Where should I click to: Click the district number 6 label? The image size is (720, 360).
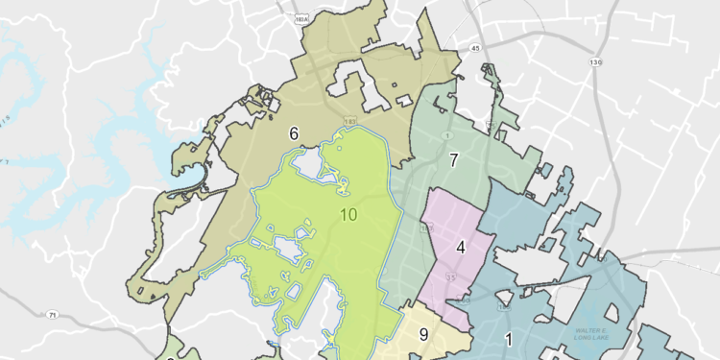(294, 133)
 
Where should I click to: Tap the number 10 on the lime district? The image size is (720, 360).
(348, 213)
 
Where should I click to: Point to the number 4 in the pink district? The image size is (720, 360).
(461, 247)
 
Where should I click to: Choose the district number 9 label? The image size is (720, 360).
(423, 335)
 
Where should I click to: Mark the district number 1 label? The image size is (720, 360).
(508, 338)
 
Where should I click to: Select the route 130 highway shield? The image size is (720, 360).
(596, 62)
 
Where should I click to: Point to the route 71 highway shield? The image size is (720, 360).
(53, 314)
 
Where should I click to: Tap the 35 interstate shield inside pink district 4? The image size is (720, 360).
(449, 278)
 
